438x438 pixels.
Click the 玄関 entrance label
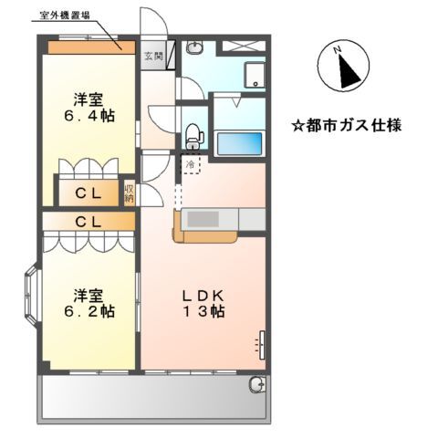click(x=152, y=55)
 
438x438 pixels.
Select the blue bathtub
click(x=238, y=143)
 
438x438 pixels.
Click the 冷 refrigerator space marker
click(x=190, y=164)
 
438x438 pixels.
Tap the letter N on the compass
click(x=338, y=50)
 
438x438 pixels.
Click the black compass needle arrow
click(x=347, y=70)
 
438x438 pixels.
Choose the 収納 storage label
click(x=130, y=192)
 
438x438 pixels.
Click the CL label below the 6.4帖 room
click(x=88, y=193)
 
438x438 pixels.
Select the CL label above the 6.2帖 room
click(x=88, y=221)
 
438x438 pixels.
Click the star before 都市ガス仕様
click(x=297, y=123)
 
